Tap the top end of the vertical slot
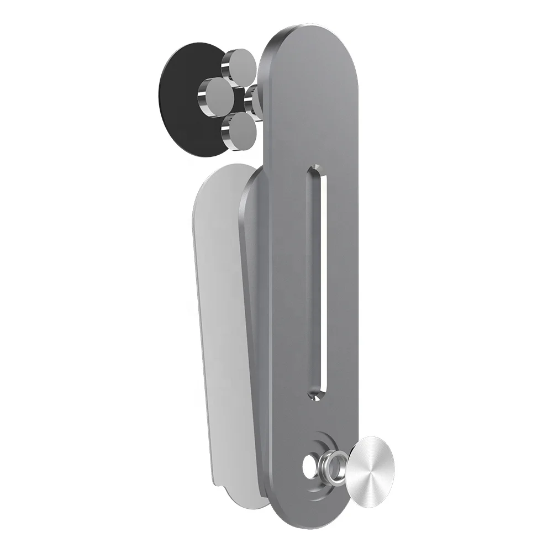pyautogui.click(x=318, y=168)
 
